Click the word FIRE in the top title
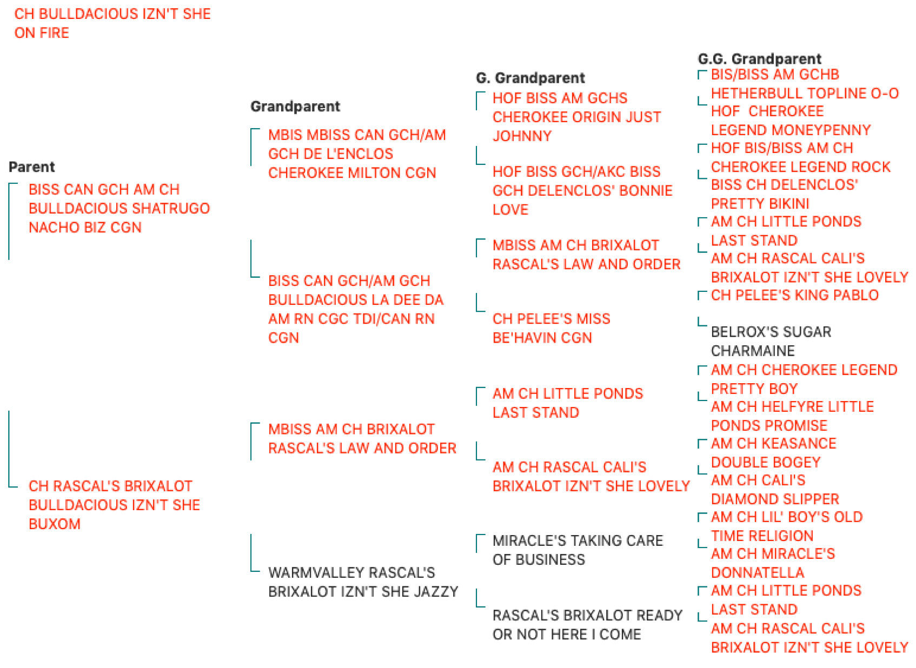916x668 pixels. (x=54, y=33)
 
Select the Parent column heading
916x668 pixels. (x=31, y=167)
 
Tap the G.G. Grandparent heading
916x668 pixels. (x=759, y=59)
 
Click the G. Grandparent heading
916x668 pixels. (x=530, y=78)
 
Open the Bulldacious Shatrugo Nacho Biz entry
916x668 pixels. (x=119, y=209)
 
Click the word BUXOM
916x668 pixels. (x=55, y=524)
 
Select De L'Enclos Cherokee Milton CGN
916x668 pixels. (x=357, y=153)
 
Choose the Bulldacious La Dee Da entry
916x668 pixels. (x=356, y=310)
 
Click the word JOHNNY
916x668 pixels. (x=522, y=136)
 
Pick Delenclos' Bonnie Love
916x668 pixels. (x=582, y=190)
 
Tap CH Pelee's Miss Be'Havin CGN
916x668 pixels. (x=551, y=328)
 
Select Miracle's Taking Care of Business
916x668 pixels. (x=578, y=550)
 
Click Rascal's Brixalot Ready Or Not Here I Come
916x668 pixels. (x=587, y=625)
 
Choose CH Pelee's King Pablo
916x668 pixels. (x=794, y=295)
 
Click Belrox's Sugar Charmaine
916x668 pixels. (x=771, y=342)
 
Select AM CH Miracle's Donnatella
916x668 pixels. (x=773, y=563)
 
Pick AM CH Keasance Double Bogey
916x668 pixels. (x=774, y=453)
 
